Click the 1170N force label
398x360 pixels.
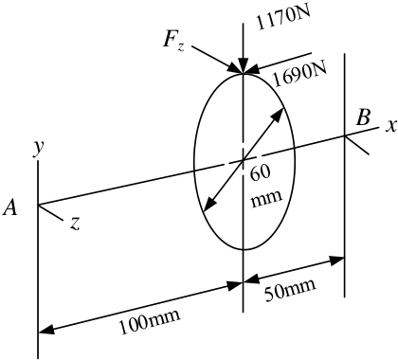283,18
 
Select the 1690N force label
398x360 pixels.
298,76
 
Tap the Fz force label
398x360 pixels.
173,42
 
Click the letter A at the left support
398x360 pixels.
10,208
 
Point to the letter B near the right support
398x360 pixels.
363,118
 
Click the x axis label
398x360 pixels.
391,126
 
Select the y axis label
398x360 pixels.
39,148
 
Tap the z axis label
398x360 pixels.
75,224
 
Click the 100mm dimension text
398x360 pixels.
149,321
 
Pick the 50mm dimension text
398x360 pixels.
290,289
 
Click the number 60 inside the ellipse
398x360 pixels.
261,173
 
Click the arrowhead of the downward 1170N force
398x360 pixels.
243,65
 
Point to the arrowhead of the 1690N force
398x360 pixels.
251,70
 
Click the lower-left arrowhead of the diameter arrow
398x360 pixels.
209,205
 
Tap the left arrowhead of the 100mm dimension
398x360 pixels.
46,330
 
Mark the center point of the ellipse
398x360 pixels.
244,161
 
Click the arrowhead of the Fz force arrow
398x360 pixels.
236,69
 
